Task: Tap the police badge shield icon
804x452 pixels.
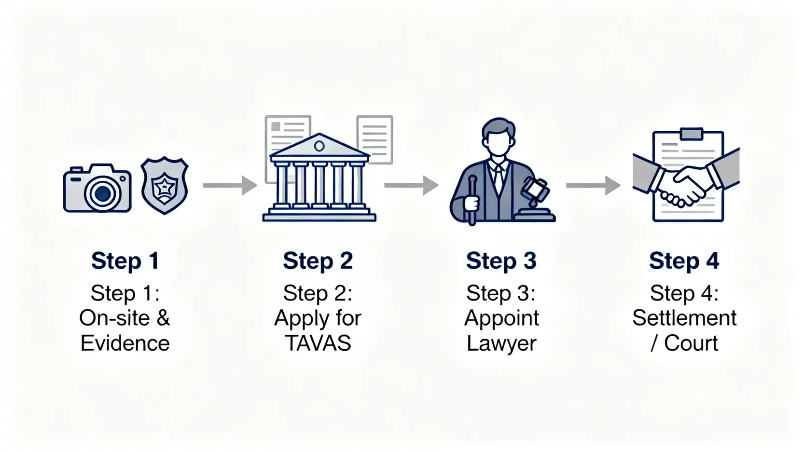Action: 165,185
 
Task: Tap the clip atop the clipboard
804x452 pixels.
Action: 691,133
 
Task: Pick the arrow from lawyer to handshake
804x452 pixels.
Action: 593,185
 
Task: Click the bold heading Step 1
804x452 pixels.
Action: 125,261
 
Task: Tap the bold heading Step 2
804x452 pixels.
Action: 318,261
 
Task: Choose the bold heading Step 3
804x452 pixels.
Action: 501,261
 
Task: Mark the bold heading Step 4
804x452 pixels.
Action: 684,261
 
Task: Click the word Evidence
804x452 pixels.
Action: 125,343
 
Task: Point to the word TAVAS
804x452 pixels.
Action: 318,343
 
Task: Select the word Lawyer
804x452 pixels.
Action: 501,343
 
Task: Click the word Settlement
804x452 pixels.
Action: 684,318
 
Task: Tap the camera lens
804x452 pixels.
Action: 102,194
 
